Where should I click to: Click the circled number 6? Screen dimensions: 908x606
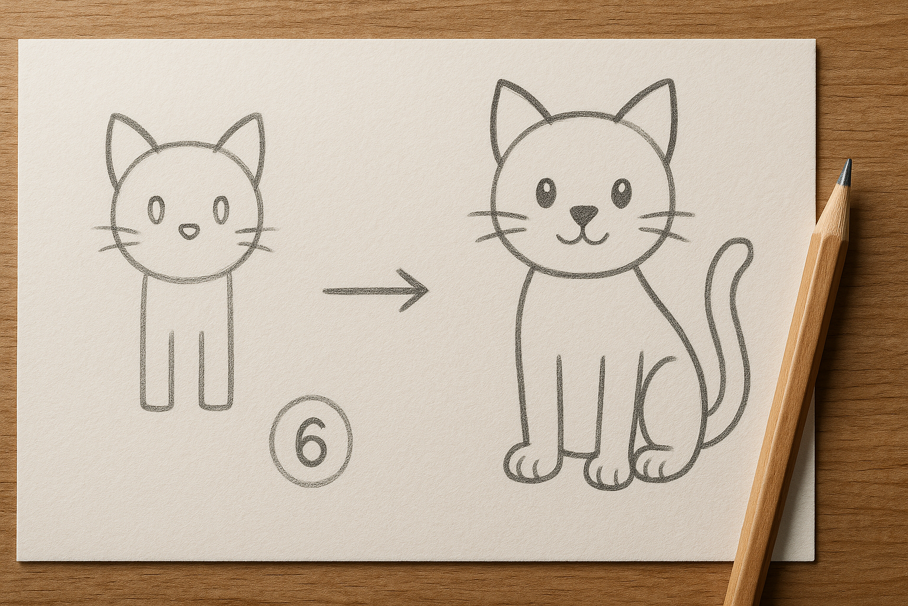pyautogui.click(x=311, y=441)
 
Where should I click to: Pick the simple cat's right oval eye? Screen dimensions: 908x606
pyautogui.click(x=221, y=209)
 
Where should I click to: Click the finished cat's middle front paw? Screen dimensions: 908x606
pyautogui.click(x=608, y=471)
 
